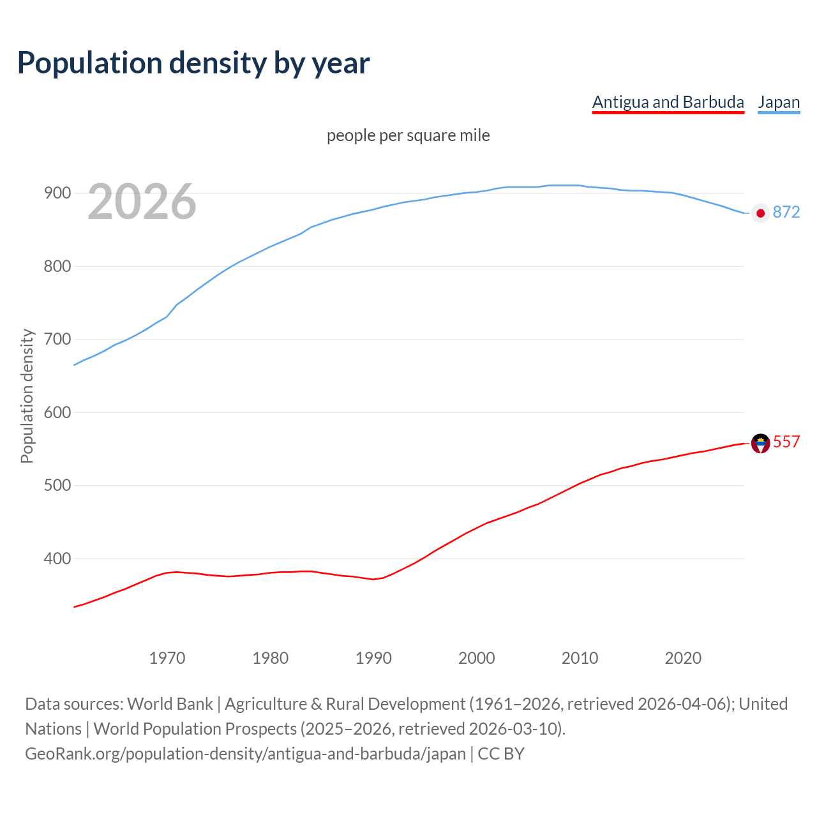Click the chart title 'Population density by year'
tap(193, 63)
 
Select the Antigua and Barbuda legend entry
tap(668, 102)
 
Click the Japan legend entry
tap(779, 102)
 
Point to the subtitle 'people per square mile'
tap(408, 135)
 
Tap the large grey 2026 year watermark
tap(142, 202)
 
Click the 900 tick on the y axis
tap(57, 193)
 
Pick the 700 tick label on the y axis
tap(57, 339)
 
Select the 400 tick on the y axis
tap(57, 558)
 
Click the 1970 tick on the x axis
tap(167, 658)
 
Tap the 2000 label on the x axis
tap(477, 658)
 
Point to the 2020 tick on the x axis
tap(683, 658)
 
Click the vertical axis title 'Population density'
tap(27, 396)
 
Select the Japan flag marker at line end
tap(760, 213)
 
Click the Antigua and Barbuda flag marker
tap(760, 443)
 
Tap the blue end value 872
tap(786, 212)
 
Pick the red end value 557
tap(786, 442)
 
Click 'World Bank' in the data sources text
tap(170, 704)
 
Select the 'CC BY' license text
tap(501, 754)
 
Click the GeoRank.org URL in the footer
tap(245, 754)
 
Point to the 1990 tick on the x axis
tap(373, 658)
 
